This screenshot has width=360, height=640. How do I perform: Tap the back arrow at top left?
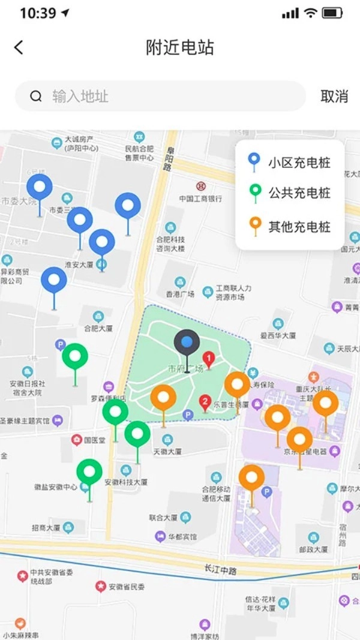pyautogui.click(x=19, y=47)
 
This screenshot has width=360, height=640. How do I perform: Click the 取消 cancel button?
pyautogui.click(x=334, y=97)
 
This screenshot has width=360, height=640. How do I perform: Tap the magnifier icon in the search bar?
pyautogui.click(x=36, y=97)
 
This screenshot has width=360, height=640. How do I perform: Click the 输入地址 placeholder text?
pyautogui.click(x=80, y=97)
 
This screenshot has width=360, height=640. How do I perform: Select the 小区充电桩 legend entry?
pyautogui.click(x=290, y=162)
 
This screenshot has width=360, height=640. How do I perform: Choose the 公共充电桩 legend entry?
pyautogui.click(x=290, y=193)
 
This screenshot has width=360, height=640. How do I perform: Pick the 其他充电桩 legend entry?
pyautogui.click(x=290, y=227)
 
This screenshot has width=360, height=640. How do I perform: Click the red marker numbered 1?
pyautogui.click(x=209, y=360)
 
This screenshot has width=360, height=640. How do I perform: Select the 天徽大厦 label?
pyautogui.click(x=167, y=451)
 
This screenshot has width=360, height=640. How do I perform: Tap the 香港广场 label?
pyautogui.click(x=180, y=294)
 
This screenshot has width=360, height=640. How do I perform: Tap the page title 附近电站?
pyautogui.click(x=180, y=47)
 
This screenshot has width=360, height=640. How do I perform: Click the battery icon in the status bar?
pyautogui.click(x=332, y=13)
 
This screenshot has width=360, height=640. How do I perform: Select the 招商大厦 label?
pyautogui.click(x=46, y=528)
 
